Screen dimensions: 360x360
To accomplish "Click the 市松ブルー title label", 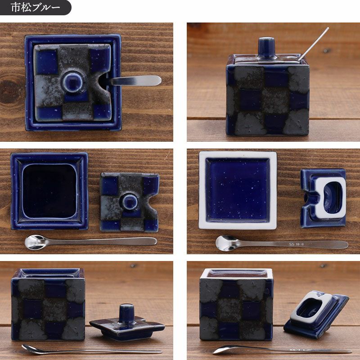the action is point(35,7).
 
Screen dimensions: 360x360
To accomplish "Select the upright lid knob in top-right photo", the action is point(266,48).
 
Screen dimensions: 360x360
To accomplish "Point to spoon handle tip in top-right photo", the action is point(328,28).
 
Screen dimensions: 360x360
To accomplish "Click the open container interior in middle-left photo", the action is point(49,190).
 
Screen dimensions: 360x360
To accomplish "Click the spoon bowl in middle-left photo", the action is point(36,242).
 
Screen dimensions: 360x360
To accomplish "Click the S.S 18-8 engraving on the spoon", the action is point(296,244).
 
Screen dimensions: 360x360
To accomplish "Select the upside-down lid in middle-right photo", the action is point(323,198).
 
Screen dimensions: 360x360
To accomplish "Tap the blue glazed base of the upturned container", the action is point(238,190).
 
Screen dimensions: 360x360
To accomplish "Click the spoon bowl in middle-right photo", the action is point(227,243).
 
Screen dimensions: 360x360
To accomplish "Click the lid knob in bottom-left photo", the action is point(126,313).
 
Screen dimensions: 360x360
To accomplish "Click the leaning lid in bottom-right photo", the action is point(316,314).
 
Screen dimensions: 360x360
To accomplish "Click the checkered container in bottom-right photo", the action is point(236,305).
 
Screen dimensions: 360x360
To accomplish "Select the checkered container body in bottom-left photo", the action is point(48,305).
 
